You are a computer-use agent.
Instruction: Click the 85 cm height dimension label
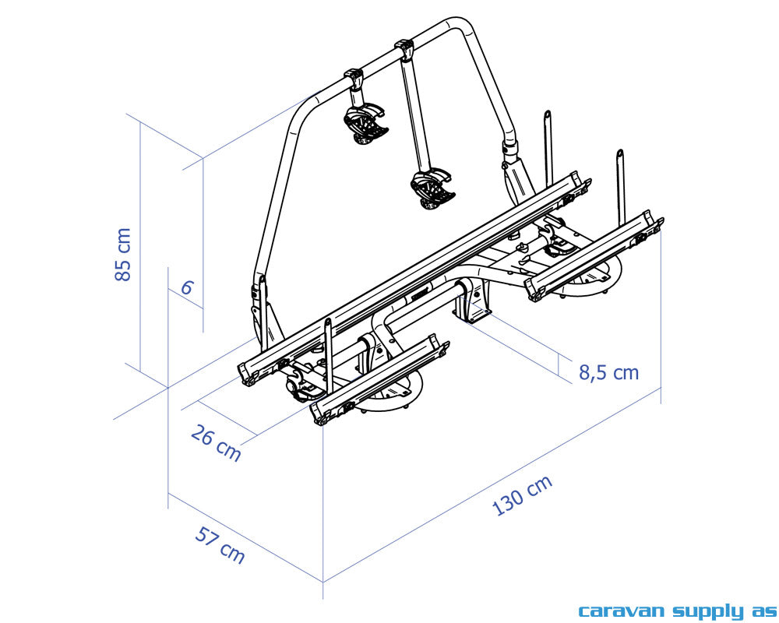[123, 255]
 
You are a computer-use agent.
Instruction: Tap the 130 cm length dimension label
[523, 495]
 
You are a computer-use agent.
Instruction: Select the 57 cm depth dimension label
[220, 544]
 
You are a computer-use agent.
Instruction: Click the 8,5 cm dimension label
[608, 372]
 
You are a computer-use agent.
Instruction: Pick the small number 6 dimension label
[187, 287]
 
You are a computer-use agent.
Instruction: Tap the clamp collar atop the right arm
[404, 51]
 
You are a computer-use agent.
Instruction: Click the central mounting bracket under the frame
[472, 304]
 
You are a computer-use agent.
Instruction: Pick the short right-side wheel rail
[594, 254]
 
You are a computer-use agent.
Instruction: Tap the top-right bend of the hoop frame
[467, 35]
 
